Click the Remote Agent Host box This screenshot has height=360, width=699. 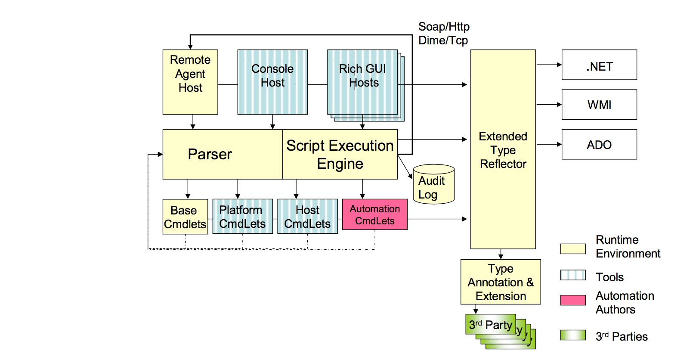pos(190,82)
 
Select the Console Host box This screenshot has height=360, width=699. pos(272,82)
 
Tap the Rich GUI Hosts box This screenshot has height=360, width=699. pos(362,82)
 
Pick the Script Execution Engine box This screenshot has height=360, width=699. pos(340,154)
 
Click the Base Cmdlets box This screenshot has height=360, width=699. pos(185,217)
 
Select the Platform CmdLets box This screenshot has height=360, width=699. pos(242,216)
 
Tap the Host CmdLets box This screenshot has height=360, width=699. pos(307,216)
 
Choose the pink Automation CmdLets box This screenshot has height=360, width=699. pos(374,214)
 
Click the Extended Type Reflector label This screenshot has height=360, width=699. pos(503,150)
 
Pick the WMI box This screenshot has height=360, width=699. pos(599,105)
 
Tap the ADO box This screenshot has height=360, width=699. pos(599,145)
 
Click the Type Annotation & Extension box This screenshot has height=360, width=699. pos(501,282)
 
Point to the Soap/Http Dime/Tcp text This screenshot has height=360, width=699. pos(444,34)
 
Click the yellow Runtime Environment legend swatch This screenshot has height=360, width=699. pos(573,249)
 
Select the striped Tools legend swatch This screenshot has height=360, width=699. pos(573,275)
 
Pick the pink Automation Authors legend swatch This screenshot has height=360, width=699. pos(573,300)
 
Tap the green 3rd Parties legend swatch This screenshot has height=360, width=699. pos(573,335)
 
